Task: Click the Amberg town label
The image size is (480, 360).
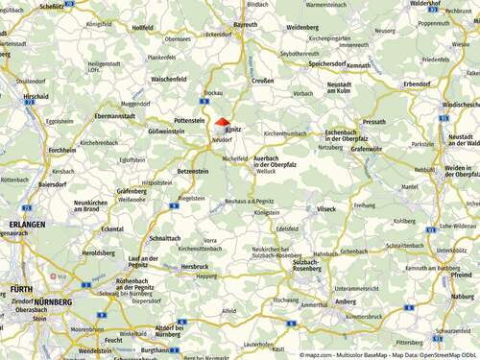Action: pyautogui.click(x=345, y=300)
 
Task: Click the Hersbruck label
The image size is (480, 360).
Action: pyautogui.click(x=194, y=266)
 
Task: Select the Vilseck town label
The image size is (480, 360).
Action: pyautogui.click(x=327, y=208)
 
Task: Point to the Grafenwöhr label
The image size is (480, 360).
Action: pyautogui.click(x=367, y=149)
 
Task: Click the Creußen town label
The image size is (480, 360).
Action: pyautogui.click(x=263, y=81)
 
